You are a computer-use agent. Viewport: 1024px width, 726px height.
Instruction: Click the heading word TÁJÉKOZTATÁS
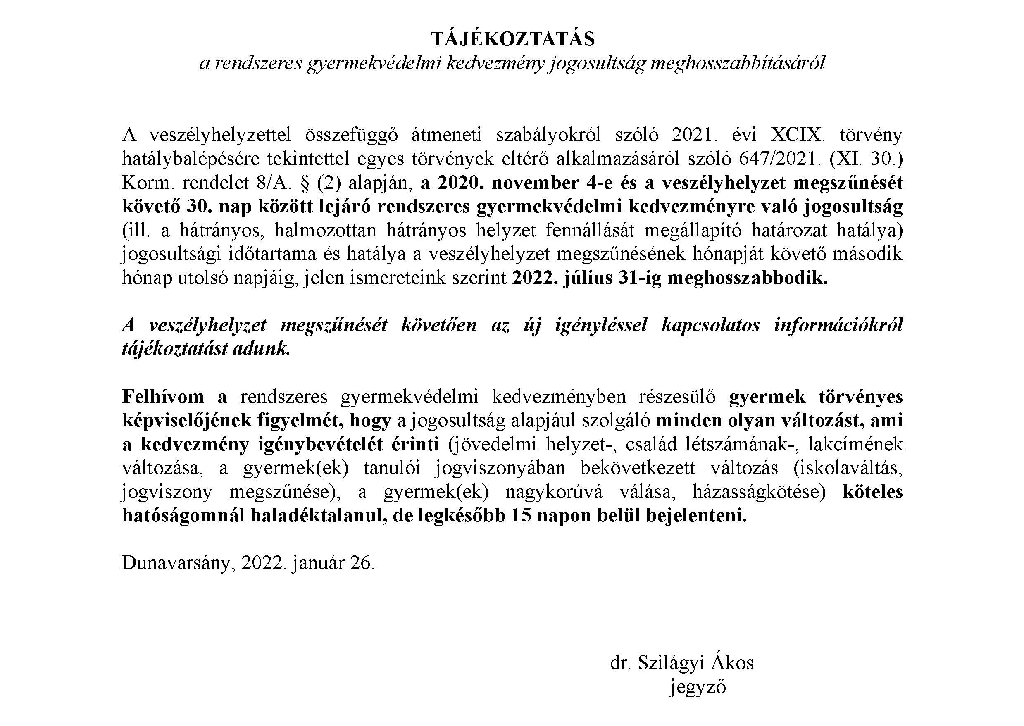[x=513, y=39]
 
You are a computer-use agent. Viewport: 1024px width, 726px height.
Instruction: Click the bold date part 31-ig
[x=640, y=278]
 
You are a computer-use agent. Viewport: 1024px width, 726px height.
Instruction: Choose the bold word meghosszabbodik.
[x=747, y=278]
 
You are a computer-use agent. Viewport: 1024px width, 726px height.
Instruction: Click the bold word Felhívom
[x=163, y=397]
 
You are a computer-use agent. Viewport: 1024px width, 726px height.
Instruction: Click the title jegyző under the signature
[x=698, y=687]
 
